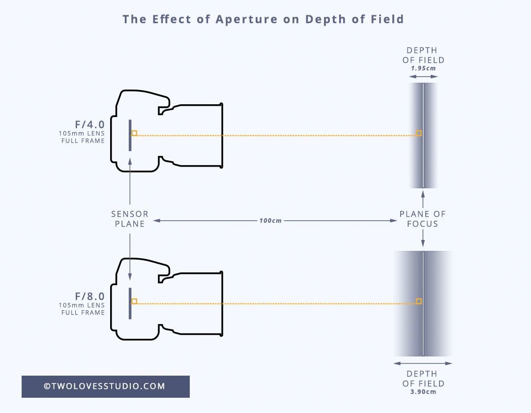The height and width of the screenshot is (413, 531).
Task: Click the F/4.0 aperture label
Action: pos(90,124)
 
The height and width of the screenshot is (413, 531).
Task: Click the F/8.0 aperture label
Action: pos(90,296)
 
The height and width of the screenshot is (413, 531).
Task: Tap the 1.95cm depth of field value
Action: pos(423,68)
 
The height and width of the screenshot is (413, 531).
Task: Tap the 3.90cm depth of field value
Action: pos(423,392)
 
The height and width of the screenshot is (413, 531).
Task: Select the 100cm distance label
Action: pos(270,221)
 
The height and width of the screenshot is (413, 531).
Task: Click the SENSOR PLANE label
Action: pos(130,219)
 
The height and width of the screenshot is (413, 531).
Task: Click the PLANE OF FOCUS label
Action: pos(423,219)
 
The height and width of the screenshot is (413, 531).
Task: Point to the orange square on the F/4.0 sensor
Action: pos(134,133)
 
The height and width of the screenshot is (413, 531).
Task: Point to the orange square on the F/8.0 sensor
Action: pos(134,301)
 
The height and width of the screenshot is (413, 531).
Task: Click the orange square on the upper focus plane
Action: pos(419,133)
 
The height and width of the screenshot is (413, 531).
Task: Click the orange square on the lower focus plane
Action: pos(419,301)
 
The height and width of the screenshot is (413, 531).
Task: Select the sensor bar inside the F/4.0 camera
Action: pos(130,135)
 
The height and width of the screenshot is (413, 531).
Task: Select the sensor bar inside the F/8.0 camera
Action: pos(130,303)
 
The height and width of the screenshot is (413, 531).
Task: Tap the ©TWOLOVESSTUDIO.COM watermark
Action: pos(105,386)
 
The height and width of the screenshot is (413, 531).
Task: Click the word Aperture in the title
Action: pos(246,19)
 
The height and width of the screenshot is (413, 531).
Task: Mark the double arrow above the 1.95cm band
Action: pos(423,77)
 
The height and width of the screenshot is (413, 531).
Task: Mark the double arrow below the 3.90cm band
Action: pos(423,363)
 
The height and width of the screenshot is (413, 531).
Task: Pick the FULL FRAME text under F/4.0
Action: pos(83,141)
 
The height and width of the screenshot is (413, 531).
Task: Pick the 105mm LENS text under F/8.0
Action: pos(82,305)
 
